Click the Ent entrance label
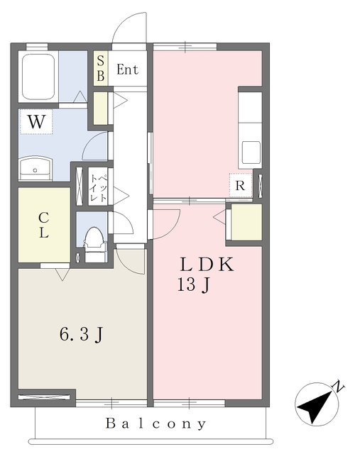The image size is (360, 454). (x=127, y=70)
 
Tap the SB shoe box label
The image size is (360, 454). (x=100, y=69)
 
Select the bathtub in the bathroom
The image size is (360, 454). (x=38, y=77)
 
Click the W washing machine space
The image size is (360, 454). (x=36, y=121)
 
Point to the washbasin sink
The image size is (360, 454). (x=36, y=169)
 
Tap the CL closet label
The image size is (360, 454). (x=44, y=225)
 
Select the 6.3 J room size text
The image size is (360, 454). (x=81, y=334)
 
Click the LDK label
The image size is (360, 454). (x=207, y=265)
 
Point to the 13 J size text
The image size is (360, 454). (x=193, y=285)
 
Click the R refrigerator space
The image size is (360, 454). (x=240, y=185)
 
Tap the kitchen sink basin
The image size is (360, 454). (x=251, y=153)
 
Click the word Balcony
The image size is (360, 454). (x=156, y=423)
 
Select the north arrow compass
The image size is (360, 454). (x=317, y=404)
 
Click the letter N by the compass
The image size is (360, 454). (x=338, y=386)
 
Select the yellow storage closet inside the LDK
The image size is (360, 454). (x=246, y=222)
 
